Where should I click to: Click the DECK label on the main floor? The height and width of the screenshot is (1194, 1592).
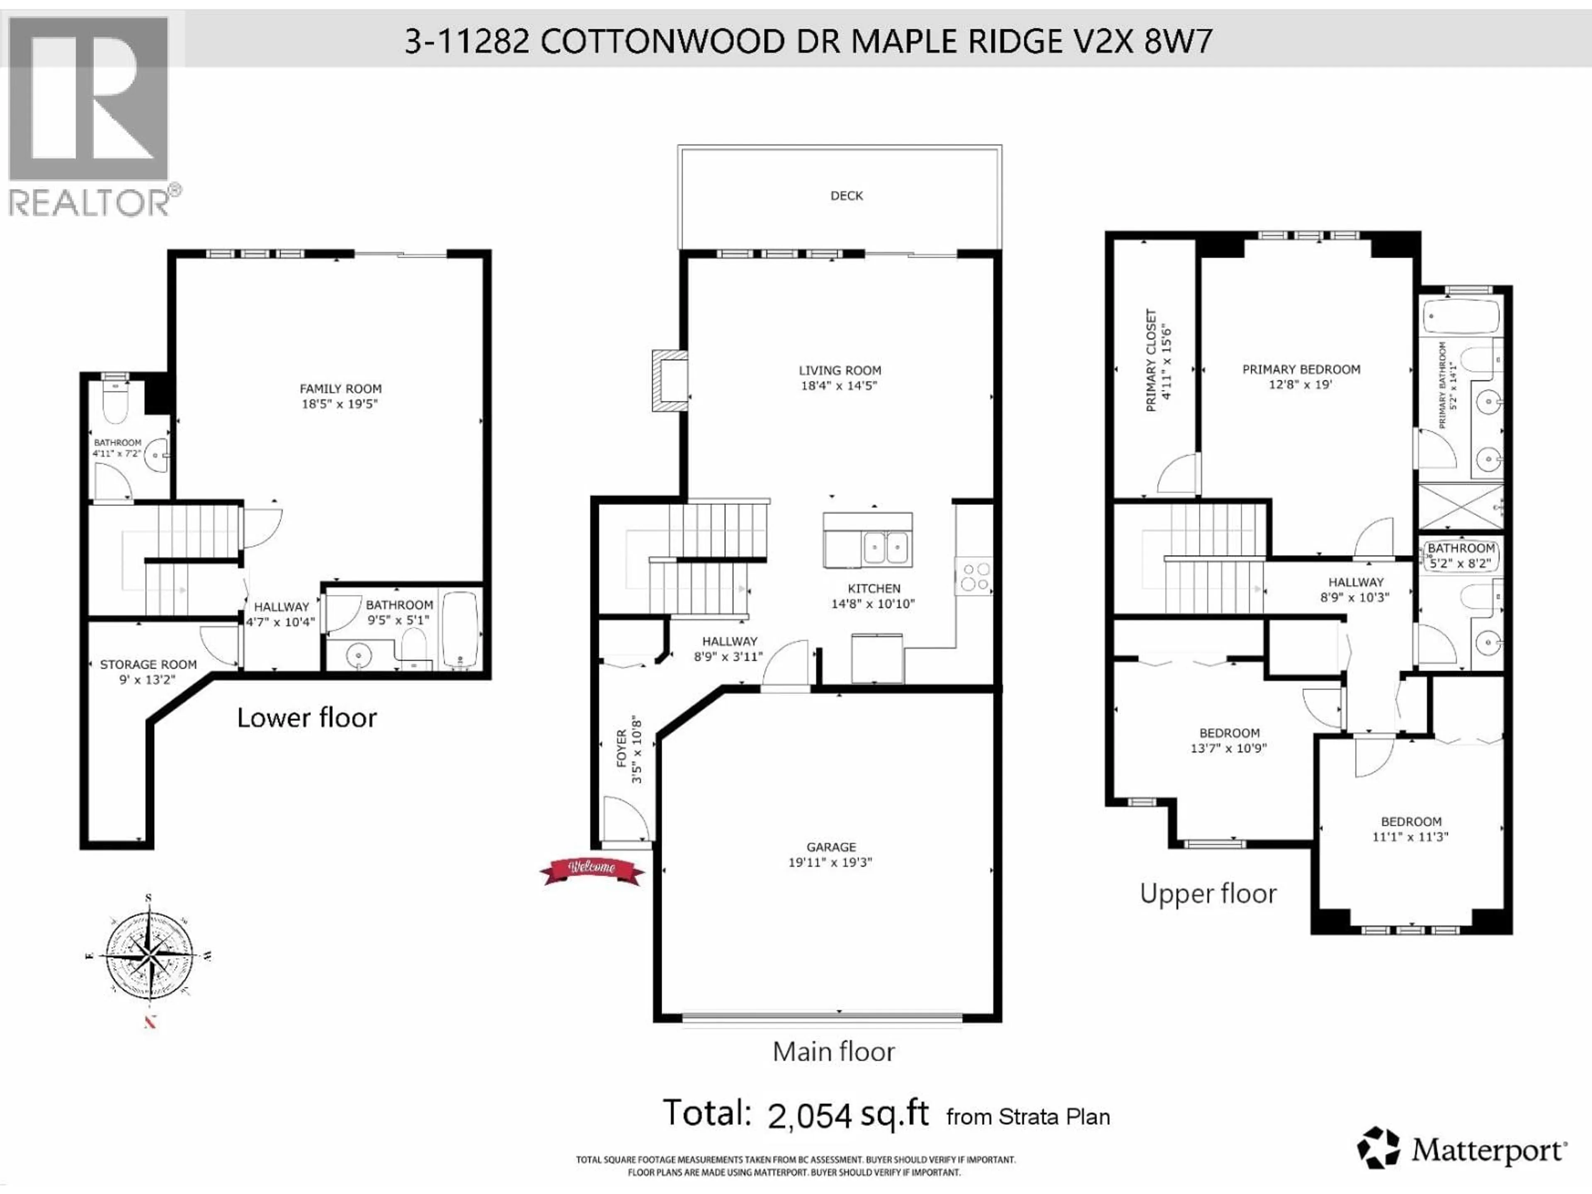point(847,195)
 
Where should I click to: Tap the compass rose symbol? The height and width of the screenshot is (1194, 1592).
point(149,956)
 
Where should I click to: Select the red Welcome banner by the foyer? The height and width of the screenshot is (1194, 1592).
point(592,871)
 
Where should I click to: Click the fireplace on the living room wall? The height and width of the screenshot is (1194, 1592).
point(669,380)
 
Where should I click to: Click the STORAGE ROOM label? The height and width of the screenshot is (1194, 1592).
point(148,664)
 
